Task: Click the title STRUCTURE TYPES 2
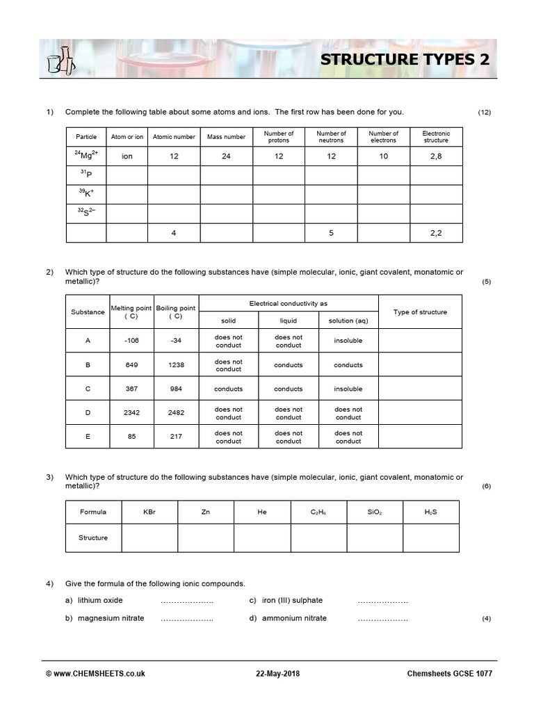point(404,60)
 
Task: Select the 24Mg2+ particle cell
point(86,156)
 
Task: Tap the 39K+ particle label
point(86,194)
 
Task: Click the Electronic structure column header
point(436,137)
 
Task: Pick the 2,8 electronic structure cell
point(436,156)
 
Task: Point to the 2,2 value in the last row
point(436,233)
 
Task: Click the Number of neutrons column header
point(331,137)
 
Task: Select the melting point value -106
point(131,341)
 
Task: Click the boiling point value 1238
point(176,365)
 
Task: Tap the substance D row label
point(88,413)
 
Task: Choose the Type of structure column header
point(420,312)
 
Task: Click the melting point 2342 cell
point(131,413)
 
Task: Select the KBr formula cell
point(149,512)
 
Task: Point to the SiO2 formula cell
point(375,512)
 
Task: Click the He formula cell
point(262,512)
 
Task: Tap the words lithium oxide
point(100,600)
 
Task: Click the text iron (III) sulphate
point(292,600)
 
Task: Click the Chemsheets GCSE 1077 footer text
point(451,674)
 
